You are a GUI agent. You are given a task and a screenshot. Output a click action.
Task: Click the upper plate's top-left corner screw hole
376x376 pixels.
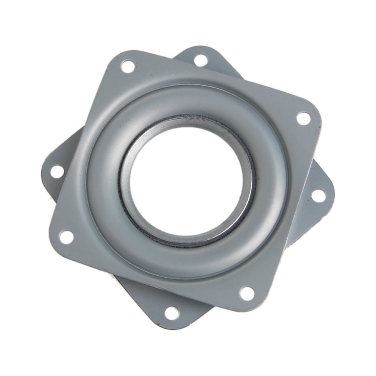[x=128, y=66]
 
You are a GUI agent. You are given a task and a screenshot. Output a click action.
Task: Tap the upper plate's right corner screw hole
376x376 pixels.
[x=304, y=118]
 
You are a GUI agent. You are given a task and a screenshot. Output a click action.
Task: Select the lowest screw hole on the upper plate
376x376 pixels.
[x=247, y=293]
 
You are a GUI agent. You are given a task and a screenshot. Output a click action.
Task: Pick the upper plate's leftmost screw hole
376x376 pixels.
[x=66, y=237]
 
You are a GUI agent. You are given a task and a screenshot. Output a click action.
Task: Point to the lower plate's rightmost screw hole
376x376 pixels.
[x=319, y=195]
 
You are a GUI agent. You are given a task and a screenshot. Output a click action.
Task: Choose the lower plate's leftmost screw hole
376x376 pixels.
[x=57, y=172]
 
